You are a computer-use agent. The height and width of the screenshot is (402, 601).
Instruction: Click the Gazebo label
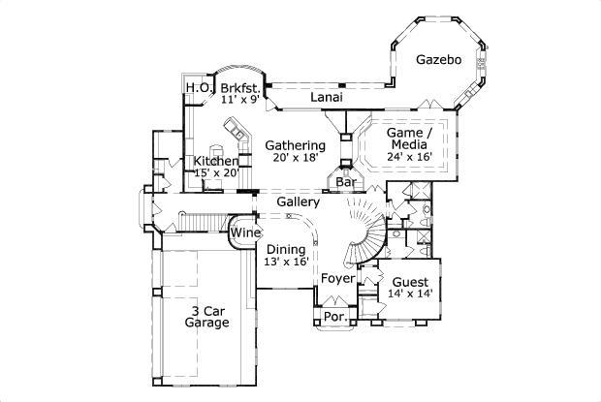coord(438,60)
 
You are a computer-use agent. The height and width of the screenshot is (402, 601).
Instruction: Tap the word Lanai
coord(330,97)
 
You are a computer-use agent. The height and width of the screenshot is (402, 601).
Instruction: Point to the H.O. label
coord(198,87)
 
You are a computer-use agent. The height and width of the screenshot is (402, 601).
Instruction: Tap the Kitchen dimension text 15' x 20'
coord(216,173)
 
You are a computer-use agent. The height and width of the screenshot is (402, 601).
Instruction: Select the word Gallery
coord(298,201)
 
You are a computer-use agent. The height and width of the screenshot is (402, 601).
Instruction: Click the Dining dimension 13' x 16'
coord(285,262)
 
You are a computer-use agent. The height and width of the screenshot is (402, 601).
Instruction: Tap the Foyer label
coord(338,279)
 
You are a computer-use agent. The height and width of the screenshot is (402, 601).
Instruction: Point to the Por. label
coord(335,317)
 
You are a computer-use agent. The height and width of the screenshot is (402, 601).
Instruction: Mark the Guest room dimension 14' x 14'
coord(410,293)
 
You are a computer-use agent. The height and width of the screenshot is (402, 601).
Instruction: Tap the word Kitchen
coord(216,161)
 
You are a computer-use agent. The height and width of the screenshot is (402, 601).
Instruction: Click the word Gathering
coord(295,145)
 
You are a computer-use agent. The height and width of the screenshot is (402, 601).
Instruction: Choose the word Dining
coord(286,249)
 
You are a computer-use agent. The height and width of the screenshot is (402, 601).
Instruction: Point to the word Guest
coord(410,280)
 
